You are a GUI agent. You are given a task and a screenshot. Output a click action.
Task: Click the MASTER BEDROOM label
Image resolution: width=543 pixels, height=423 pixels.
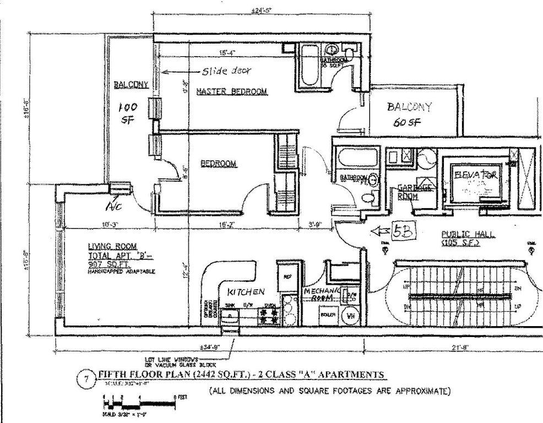coord(232,91)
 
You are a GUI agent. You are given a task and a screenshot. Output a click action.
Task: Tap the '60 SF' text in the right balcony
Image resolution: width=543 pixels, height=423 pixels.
coord(408,123)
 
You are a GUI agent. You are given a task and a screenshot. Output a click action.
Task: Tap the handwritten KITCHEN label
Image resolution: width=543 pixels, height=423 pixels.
coord(246,291)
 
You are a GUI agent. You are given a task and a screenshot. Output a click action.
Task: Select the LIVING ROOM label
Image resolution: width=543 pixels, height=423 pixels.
coord(112,246)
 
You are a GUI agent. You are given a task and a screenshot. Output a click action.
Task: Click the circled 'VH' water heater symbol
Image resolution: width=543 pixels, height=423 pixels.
coord(349,316)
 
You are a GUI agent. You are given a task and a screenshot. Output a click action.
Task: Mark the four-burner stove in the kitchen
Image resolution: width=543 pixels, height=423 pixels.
coord(270,316)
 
